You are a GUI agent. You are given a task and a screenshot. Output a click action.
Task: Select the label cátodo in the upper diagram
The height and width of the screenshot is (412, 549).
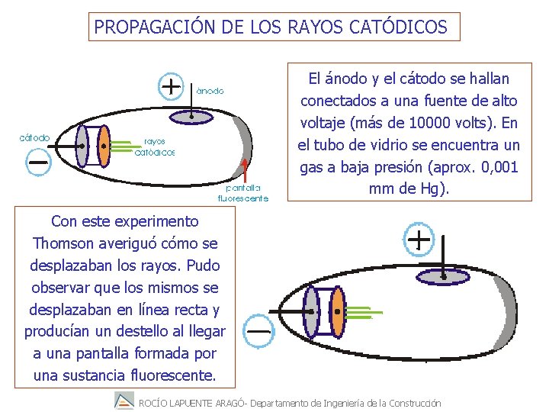tap(35, 138)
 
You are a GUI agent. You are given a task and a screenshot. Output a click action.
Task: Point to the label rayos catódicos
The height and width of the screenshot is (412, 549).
tap(155, 147)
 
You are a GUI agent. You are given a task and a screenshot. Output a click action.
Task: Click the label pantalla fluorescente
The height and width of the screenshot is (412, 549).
tap(242, 193)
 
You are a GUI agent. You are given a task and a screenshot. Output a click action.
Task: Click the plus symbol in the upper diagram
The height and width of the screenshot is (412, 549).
tap(172, 86)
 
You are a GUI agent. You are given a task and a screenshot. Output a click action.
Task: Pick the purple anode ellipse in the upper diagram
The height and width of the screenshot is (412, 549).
tap(191, 115)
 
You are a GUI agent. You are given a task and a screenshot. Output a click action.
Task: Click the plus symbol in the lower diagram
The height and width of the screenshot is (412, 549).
tap(419, 241)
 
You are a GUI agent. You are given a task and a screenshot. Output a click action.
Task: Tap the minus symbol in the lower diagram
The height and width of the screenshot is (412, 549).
tap(259, 331)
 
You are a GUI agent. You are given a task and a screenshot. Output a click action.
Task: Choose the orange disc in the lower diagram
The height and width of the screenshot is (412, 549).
tap(336, 313)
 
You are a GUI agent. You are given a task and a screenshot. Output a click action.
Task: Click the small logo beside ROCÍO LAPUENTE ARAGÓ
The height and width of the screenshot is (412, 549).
tap(124, 401)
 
